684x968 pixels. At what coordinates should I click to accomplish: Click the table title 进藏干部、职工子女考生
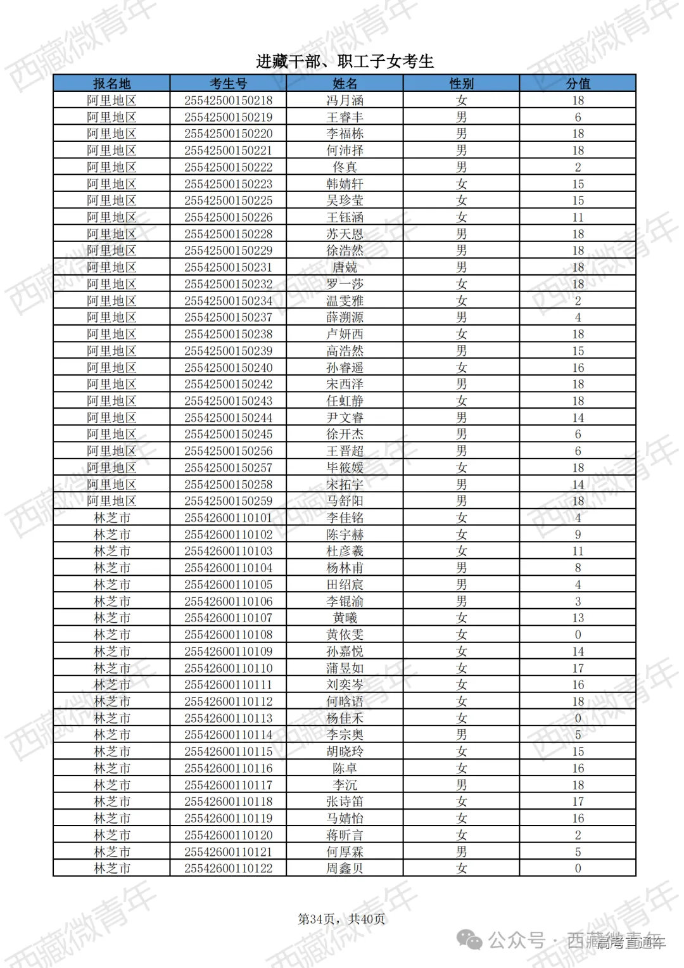coord(345,61)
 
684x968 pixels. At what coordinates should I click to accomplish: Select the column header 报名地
coord(111,84)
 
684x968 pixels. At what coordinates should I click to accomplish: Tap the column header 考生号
coord(228,84)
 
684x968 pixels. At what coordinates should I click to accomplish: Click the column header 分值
coord(578,84)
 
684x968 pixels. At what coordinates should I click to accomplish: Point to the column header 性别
coord(461,84)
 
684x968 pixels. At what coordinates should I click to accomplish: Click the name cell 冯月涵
coord(345,100)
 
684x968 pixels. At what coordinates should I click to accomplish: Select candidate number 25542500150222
coord(228,167)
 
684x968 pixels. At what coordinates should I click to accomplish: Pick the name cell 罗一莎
coord(345,284)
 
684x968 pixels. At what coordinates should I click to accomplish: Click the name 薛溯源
coord(345,317)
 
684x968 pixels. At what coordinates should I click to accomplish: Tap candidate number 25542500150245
coord(228,434)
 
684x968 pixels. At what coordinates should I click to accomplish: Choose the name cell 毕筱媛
coord(345,468)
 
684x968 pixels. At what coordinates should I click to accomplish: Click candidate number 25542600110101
coord(228,518)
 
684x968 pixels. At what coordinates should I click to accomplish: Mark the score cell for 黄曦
coord(578,618)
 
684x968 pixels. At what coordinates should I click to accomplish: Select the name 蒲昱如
coord(345,668)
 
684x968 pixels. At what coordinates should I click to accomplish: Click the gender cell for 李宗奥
coord(461,735)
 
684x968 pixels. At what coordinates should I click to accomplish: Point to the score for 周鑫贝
coord(578,869)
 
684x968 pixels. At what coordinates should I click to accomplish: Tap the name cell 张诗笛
coord(345,801)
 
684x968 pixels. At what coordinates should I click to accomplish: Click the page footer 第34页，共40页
coord(341,919)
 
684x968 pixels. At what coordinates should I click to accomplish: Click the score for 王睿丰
coord(578,117)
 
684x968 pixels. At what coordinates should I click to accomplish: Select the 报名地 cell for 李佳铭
coord(111,518)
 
